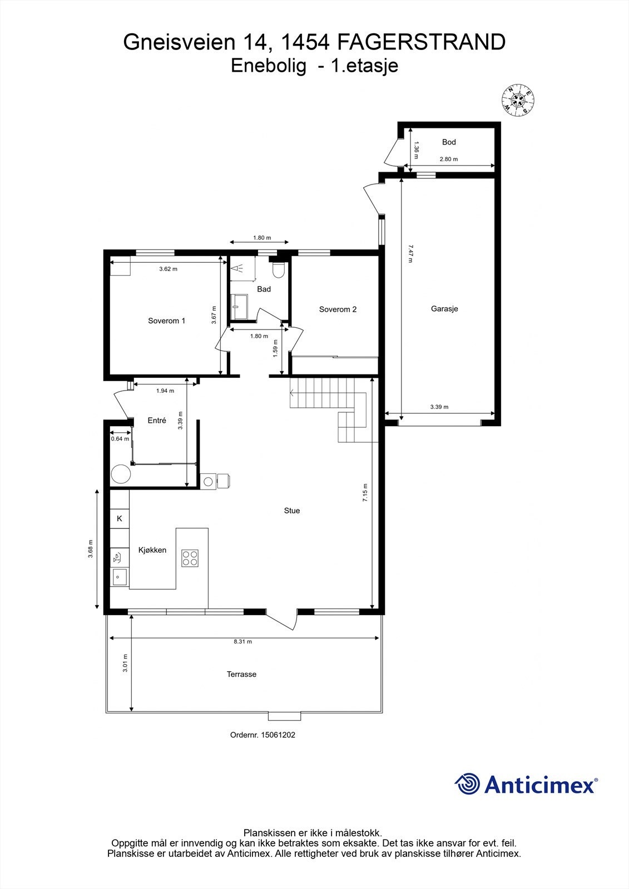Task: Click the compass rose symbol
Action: pos(518,100)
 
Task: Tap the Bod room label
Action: pos(449,142)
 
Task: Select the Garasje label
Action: pos(444,309)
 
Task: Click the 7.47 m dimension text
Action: pos(410,254)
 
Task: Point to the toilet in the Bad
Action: pos(278,270)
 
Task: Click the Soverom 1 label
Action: pos(166,321)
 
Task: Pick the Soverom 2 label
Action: pos(338,309)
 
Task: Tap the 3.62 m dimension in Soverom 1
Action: pos(168,269)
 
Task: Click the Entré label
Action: pos(157,421)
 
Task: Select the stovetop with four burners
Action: pos(190,557)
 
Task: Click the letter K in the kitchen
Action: pos(119,518)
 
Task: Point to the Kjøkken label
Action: pos(152,550)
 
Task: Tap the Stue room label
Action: pos(291,511)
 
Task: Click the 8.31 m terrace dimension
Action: pos(242,642)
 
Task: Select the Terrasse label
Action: pos(241,674)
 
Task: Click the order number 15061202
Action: pos(278,735)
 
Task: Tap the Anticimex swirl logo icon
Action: pos(467,784)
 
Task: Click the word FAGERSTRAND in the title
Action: pos(422,42)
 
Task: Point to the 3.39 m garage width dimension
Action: pos(439,407)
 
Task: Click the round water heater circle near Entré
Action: pos(120,475)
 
